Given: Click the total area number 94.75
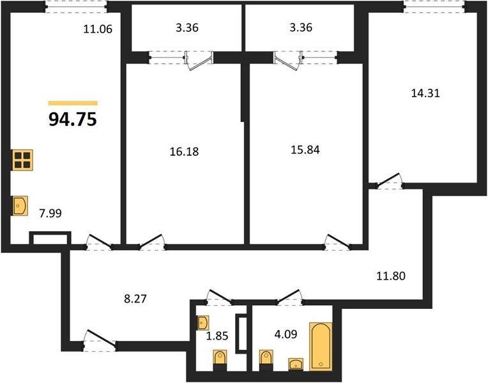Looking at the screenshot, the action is pyautogui.click(x=73, y=119).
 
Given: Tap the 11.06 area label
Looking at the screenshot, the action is pyautogui.click(x=98, y=29).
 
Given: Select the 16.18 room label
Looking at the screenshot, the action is pyautogui.click(x=184, y=151).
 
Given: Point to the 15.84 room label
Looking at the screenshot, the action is pyautogui.click(x=305, y=149).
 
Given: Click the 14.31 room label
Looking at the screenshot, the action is pyautogui.click(x=425, y=93).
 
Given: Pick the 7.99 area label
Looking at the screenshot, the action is pyautogui.click(x=50, y=213).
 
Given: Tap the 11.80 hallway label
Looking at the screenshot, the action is pyautogui.click(x=391, y=276).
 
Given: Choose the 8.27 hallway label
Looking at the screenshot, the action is pyautogui.click(x=135, y=299).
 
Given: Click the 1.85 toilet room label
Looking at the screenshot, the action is pyautogui.click(x=217, y=336).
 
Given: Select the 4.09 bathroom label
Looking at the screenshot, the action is pyautogui.click(x=286, y=334).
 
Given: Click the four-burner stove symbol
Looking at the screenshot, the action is pyautogui.click(x=22, y=160).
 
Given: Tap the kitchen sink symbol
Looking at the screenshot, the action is pyautogui.click(x=20, y=206).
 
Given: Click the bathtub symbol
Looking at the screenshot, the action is pyautogui.click(x=321, y=347).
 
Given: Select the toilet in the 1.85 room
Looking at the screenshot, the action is pyautogui.click(x=220, y=360).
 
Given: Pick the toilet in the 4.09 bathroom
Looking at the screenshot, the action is pyautogui.click(x=266, y=360).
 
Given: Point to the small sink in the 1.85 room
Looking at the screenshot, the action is pyautogui.click(x=203, y=322).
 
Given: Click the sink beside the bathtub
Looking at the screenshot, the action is pyautogui.click(x=296, y=364).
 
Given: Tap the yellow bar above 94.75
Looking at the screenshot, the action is pyautogui.click(x=73, y=103).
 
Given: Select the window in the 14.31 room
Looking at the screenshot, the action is pyautogui.click(x=435, y=6).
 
